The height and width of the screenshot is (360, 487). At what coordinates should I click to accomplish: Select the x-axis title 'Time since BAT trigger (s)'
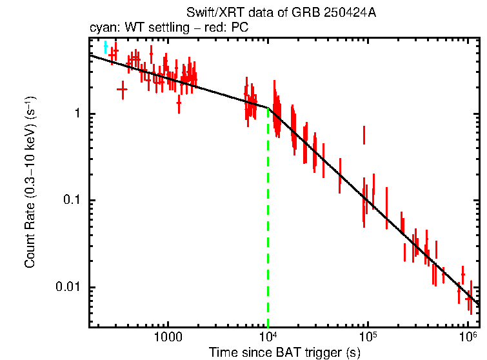click(x=284, y=353)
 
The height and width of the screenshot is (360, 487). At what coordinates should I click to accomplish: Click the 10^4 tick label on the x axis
click(x=268, y=337)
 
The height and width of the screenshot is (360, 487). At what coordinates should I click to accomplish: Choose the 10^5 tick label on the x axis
click(x=368, y=337)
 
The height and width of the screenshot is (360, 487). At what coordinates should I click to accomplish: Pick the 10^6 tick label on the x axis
click(x=468, y=337)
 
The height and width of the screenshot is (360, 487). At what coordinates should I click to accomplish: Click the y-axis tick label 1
click(x=75, y=114)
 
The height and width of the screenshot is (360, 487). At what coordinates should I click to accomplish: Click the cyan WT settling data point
click(x=106, y=47)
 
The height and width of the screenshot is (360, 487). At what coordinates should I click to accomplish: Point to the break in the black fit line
click(x=268, y=108)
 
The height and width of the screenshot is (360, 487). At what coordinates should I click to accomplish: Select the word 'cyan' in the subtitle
click(x=102, y=28)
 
